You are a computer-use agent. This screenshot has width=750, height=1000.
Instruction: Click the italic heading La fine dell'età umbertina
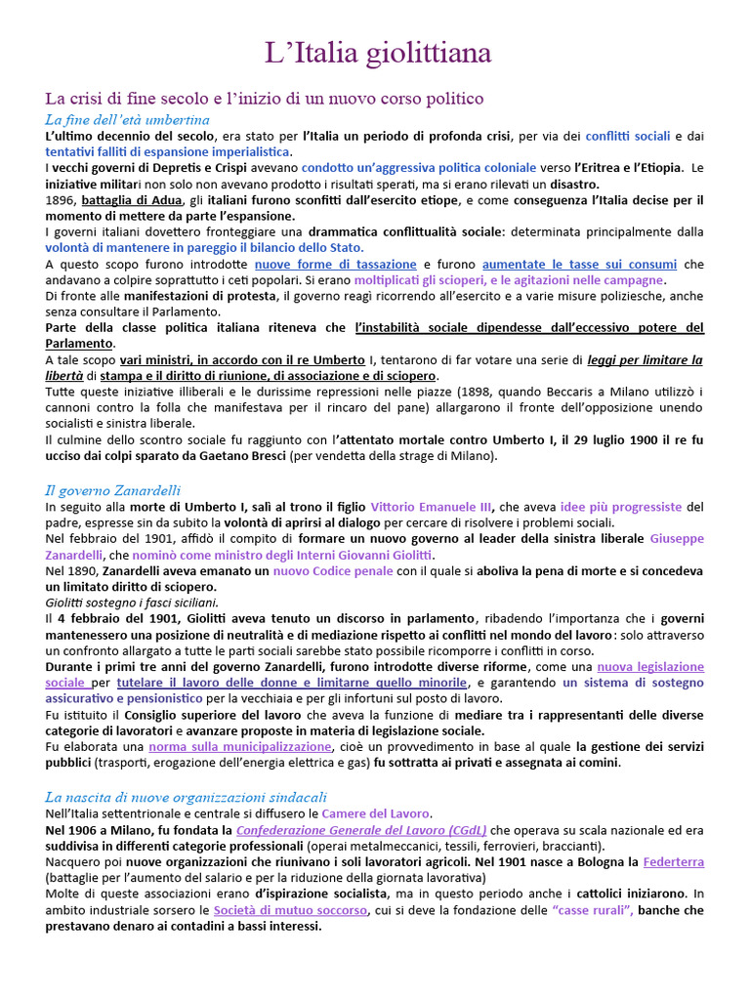pyautogui.click(x=127, y=119)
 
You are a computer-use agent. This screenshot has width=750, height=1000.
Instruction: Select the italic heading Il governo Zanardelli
pyautogui.click(x=113, y=490)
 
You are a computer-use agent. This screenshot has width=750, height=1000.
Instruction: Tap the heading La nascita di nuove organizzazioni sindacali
pyautogui.click(x=187, y=797)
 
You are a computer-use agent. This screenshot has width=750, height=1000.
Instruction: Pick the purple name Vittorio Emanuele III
pyautogui.click(x=431, y=507)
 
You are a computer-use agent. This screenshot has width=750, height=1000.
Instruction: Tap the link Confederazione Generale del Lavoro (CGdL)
pyautogui.click(x=361, y=829)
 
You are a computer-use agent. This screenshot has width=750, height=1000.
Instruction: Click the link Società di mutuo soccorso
pyautogui.click(x=290, y=909)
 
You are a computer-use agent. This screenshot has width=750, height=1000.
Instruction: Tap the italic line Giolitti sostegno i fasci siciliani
pyautogui.click(x=132, y=603)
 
